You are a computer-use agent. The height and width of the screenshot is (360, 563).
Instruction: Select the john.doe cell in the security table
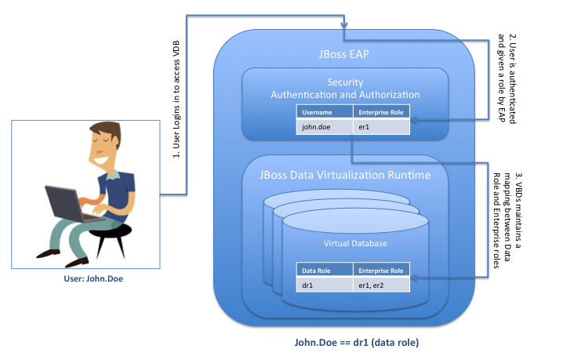tap(315, 125)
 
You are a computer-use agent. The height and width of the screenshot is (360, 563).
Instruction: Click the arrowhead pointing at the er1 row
tap(415, 119)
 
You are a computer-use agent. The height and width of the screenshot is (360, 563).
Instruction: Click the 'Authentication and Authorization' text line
tap(345, 95)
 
